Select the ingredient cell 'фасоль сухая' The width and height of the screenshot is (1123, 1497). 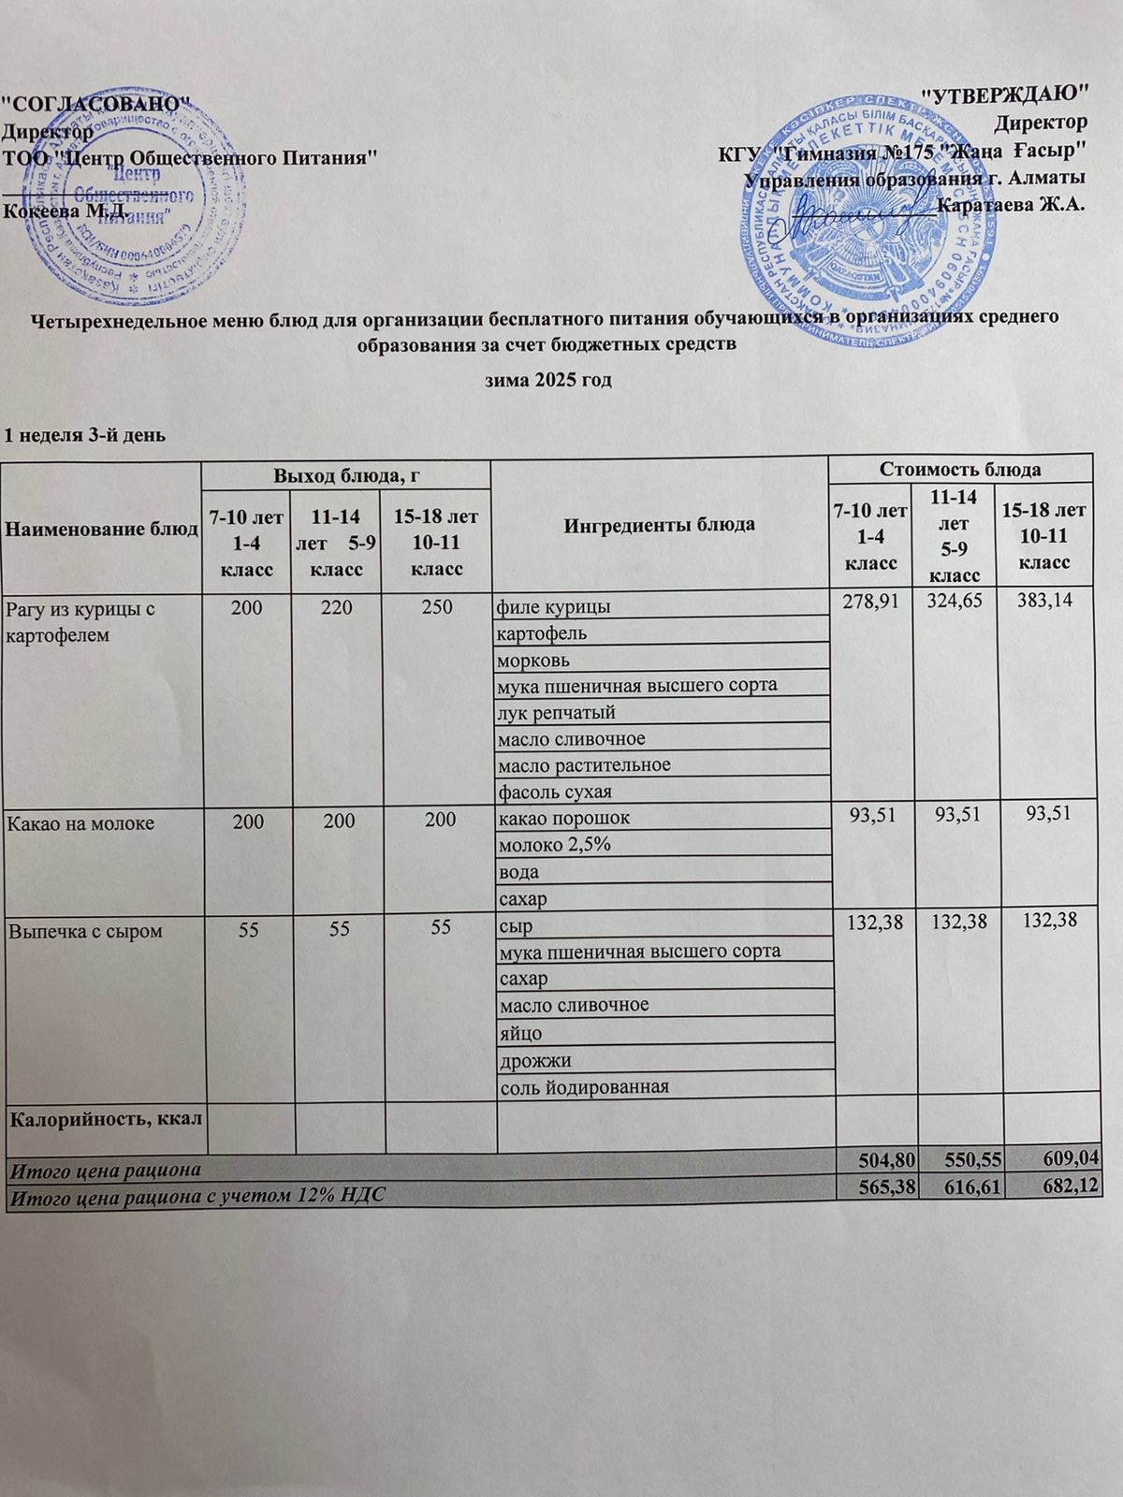pos(555,792)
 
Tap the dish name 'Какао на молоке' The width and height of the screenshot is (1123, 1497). pos(80,823)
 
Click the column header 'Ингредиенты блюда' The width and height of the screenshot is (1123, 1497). pos(659,524)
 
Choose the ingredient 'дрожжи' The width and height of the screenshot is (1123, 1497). pos(535,1061)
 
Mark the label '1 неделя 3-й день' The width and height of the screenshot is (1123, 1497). pos(85,435)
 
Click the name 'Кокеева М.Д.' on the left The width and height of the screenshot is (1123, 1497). pos(66,210)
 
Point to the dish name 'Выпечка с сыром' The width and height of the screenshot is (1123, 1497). pos(85,931)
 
